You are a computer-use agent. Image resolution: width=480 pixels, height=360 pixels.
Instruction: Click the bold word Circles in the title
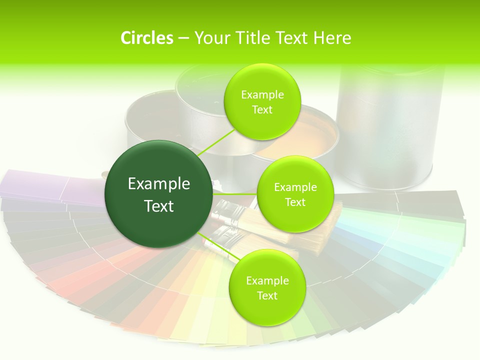point(147,38)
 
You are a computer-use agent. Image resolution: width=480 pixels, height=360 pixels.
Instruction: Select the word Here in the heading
point(332,38)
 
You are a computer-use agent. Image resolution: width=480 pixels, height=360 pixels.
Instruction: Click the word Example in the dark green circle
point(159,184)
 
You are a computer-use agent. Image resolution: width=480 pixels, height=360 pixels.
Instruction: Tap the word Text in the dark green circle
point(159,206)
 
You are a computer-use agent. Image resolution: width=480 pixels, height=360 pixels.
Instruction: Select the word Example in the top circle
point(262,94)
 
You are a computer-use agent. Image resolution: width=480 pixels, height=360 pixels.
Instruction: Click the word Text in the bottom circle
point(267,295)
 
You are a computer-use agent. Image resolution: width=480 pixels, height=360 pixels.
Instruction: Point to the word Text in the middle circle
point(295,202)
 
